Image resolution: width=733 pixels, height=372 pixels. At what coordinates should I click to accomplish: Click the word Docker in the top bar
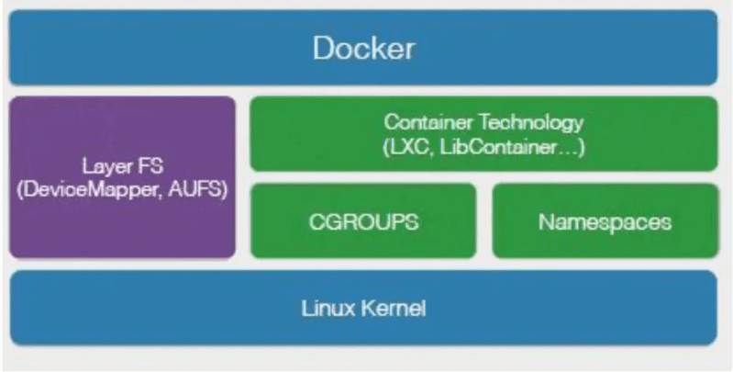[363, 48]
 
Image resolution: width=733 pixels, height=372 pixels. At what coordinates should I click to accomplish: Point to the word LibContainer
[492, 144]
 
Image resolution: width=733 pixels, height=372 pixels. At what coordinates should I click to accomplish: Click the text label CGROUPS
[363, 221]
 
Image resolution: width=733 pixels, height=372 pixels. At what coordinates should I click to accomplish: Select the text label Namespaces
[604, 221]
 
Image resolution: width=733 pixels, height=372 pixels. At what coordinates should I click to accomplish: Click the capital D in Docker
[321, 48]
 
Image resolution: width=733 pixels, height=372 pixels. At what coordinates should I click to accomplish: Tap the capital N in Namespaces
[545, 221]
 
